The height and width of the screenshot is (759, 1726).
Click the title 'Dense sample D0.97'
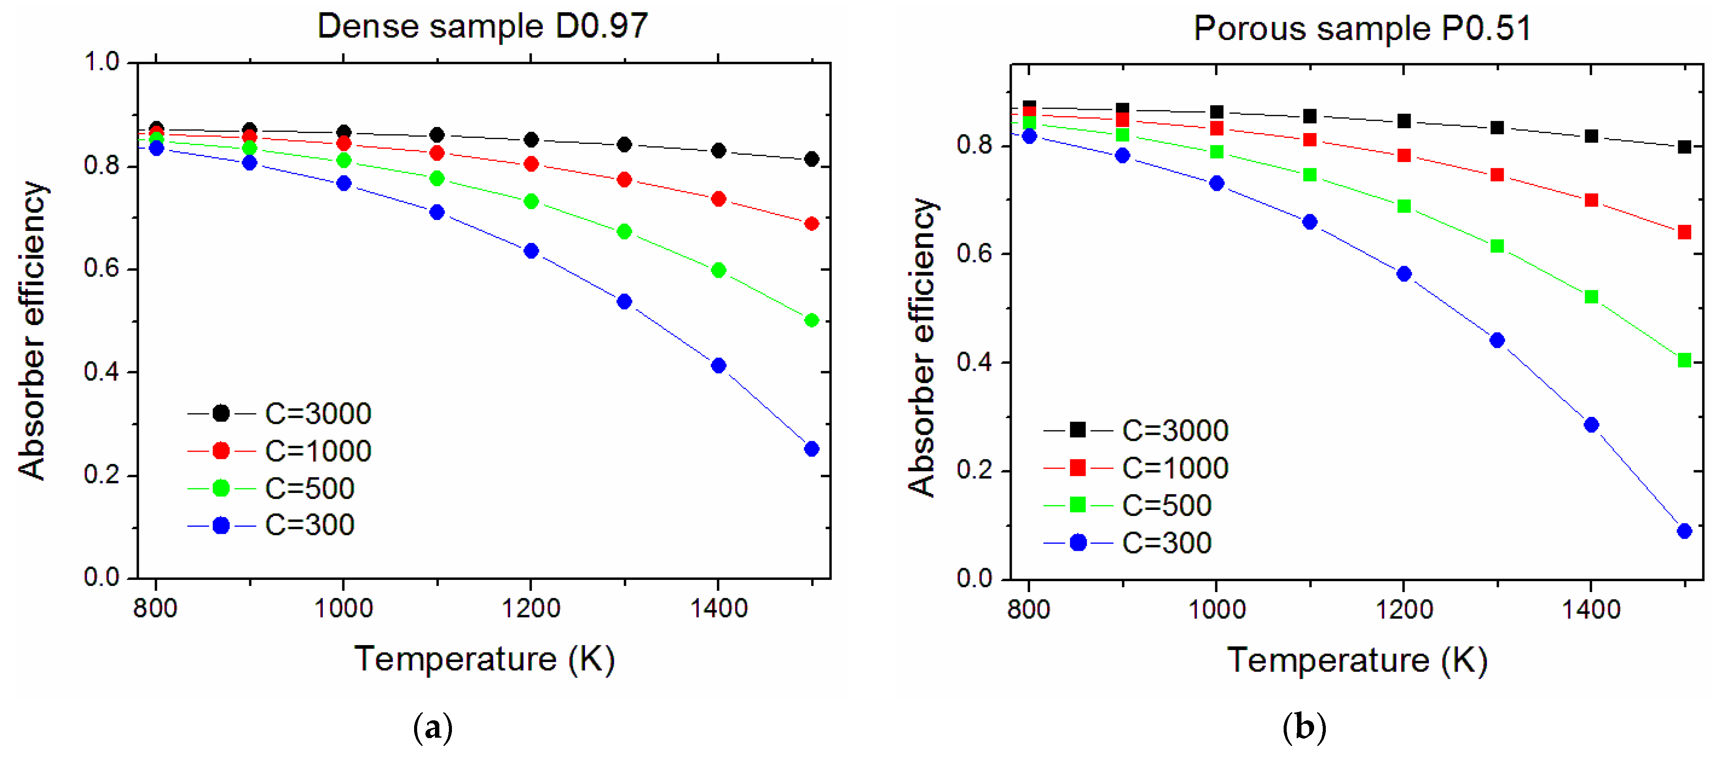482,27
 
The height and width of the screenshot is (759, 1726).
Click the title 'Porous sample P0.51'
1362,29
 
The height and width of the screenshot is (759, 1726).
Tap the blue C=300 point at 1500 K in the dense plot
811,449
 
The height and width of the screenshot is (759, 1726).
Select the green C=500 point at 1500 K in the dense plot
811,320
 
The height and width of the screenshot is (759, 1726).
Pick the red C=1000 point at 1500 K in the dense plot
811,224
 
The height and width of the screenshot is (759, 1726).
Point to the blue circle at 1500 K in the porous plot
1684,531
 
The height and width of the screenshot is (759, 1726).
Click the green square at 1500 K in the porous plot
1684,360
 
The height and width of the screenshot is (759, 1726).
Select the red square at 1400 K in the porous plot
1591,200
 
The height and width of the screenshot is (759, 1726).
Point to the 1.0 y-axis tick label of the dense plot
101,62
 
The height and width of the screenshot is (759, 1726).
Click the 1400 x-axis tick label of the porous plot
1591,609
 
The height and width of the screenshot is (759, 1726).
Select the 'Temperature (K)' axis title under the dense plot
484,659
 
